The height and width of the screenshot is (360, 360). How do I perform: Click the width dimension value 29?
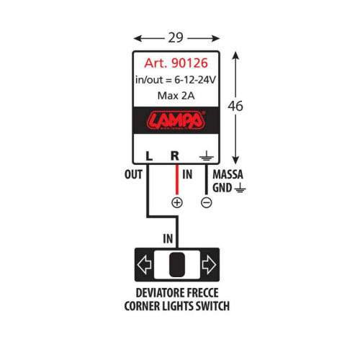tap(176, 37)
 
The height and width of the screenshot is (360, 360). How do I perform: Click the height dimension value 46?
tap(235, 106)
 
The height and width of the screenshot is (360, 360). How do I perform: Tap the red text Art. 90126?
tap(176, 63)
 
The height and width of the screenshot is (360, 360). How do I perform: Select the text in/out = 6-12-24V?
tap(176, 80)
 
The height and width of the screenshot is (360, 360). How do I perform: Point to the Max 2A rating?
tap(176, 96)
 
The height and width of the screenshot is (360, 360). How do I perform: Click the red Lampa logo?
tap(176, 120)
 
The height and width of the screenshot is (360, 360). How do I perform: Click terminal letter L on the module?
tap(149, 156)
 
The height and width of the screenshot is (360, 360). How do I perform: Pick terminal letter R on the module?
tap(175, 156)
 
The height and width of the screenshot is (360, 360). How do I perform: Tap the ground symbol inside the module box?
tap(207, 156)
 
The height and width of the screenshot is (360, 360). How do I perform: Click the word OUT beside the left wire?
tap(133, 174)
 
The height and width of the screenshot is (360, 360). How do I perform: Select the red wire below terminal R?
tap(177, 179)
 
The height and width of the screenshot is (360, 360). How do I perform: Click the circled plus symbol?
tap(177, 203)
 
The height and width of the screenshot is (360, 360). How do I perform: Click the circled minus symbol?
tap(207, 203)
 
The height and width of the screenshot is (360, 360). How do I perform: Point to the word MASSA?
tap(228, 174)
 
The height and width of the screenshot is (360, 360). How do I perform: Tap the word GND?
tap(222, 188)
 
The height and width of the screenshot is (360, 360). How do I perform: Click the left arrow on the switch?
tap(144, 265)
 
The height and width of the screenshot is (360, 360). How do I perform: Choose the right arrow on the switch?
tap(209, 265)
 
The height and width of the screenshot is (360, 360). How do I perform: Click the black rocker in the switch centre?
tap(177, 265)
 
